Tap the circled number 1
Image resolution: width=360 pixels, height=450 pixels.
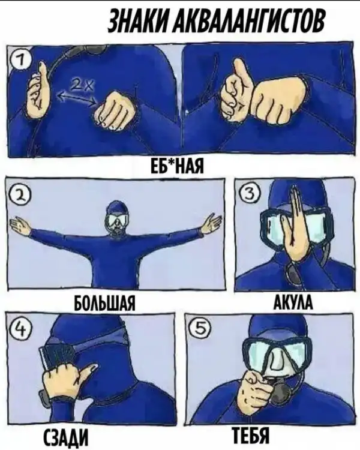pos(19,61)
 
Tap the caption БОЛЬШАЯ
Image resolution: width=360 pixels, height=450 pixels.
pos(105,303)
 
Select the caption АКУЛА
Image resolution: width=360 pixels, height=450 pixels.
pos(293,302)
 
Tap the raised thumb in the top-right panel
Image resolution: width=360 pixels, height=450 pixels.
pos(242,72)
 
